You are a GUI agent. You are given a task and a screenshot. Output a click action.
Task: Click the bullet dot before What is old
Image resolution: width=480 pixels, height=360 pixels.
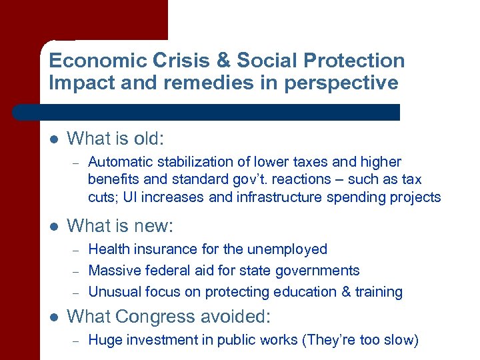tap(54, 139)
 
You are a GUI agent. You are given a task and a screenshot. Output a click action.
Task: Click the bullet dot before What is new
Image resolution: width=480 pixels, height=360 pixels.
tap(54, 227)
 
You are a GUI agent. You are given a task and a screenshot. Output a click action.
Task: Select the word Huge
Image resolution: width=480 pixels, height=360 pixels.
tap(104, 341)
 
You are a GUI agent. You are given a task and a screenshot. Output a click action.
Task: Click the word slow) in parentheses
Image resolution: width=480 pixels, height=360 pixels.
tap(400, 341)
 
